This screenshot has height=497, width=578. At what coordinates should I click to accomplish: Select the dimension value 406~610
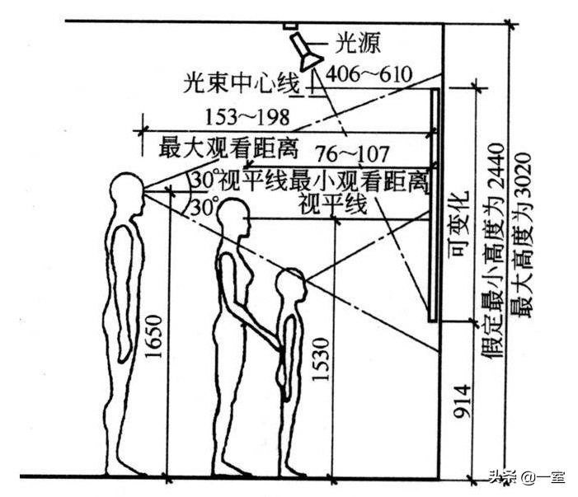click(369, 73)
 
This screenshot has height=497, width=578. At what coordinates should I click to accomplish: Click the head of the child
click(290, 285)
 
